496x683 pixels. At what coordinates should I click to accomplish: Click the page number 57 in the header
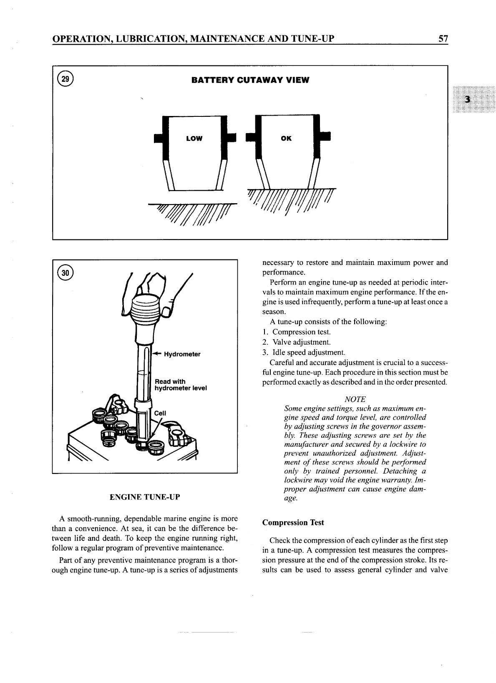tap(443, 39)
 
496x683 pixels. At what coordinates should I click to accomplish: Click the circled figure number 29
tap(65, 79)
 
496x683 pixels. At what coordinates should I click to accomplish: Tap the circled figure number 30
tap(65, 273)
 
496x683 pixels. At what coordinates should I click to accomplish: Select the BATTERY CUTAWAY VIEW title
tap(250, 80)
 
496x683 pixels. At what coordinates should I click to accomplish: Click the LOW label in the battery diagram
tap(194, 139)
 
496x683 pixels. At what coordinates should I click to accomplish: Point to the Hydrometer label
tap(182, 354)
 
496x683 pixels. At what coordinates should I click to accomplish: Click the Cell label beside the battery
tap(160, 413)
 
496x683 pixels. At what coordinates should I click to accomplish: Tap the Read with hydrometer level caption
tap(180, 385)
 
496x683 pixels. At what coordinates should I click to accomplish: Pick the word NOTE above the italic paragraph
tap(355, 399)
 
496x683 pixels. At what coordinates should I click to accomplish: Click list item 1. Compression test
tap(297, 332)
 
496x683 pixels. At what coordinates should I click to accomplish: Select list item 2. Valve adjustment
tap(297, 342)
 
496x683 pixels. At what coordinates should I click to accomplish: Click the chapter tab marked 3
tap(468, 99)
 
